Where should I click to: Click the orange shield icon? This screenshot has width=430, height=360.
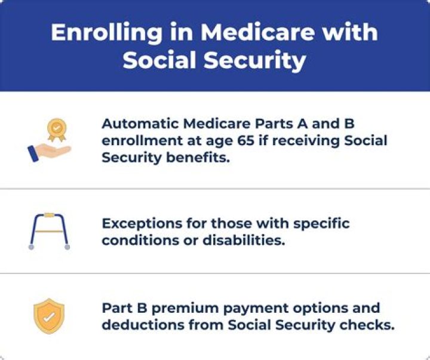pyautogui.click(x=49, y=316)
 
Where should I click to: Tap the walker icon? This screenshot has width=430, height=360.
pyautogui.click(x=49, y=230)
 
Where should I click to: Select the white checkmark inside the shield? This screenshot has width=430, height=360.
pyautogui.click(x=49, y=316)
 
